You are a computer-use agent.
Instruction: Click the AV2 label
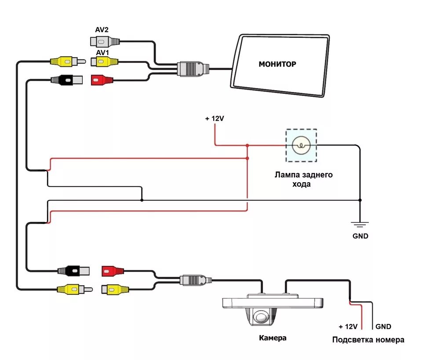click(102, 29)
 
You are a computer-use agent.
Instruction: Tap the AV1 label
click(102, 52)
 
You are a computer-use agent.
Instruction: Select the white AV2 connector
click(105, 42)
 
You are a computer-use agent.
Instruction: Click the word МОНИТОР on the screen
click(277, 64)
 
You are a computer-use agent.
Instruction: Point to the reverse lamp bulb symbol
click(301, 146)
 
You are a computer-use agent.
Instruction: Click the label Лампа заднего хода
click(303, 179)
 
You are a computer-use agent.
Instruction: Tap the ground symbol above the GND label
click(360, 224)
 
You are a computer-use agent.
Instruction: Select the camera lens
click(260, 316)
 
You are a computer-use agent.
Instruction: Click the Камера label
click(273, 338)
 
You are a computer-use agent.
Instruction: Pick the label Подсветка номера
click(368, 340)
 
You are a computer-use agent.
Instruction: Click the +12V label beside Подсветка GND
click(348, 327)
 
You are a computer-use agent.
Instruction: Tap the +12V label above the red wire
click(215, 118)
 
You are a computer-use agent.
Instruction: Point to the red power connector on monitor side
click(102, 80)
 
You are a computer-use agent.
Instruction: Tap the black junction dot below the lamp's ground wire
click(360, 200)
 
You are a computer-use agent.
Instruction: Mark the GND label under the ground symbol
click(360, 236)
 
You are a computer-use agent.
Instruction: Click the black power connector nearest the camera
click(73, 271)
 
